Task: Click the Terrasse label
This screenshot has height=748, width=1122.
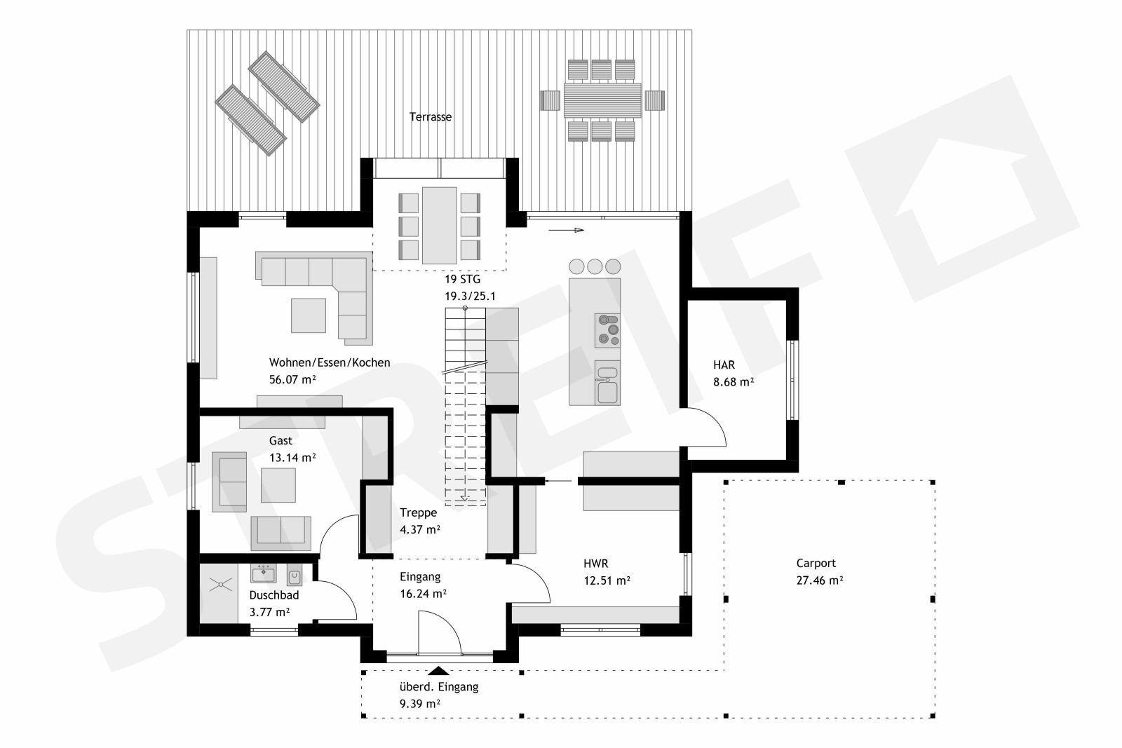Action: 430,117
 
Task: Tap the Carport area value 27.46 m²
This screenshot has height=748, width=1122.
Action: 819,580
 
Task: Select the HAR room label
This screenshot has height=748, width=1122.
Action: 724,365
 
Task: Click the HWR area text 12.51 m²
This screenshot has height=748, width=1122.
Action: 606,580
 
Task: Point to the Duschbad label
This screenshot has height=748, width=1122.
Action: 274,595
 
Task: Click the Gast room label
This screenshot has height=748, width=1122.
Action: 280,441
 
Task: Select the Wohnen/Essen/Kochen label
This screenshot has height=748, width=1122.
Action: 330,362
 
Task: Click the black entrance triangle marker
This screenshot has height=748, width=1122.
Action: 438,670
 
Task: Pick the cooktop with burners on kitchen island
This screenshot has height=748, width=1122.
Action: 607,330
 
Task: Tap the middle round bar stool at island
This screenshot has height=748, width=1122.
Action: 595,266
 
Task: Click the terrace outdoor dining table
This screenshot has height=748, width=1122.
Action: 602,100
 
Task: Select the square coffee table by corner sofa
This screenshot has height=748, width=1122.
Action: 309,315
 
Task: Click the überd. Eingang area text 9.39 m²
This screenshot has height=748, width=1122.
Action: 419,703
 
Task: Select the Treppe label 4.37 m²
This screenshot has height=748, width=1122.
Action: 419,529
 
